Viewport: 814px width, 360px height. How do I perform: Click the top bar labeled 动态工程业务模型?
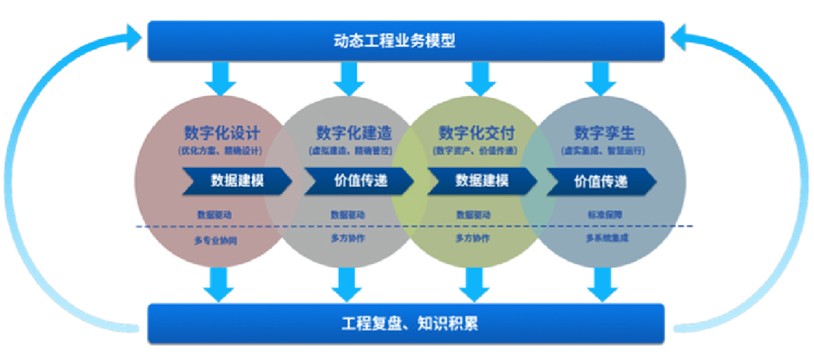406,40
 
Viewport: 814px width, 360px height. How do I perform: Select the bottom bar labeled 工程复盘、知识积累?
406,322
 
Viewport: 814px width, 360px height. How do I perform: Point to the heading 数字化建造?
347,132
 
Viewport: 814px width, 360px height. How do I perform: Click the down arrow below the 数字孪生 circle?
599,283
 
